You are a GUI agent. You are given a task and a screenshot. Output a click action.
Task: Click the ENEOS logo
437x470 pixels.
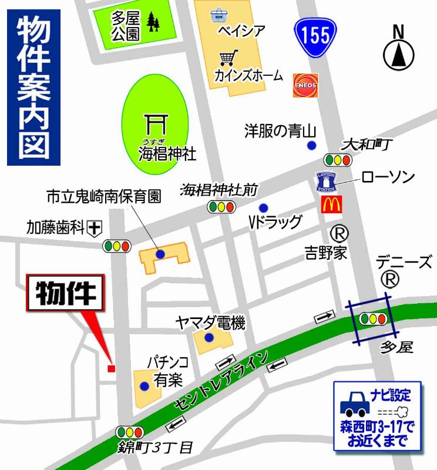pyautogui.click(x=305, y=85)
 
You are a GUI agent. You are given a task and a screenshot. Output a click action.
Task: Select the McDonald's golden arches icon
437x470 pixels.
pyautogui.click(x=330, y=204)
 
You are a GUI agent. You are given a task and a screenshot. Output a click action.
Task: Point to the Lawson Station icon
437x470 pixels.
pyautogui.click(x=327, y=182)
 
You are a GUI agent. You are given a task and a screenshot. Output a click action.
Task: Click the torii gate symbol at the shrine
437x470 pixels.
pyautogui.click(x=156, y=123)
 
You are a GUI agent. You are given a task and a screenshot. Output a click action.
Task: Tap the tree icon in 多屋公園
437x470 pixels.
pyautogui.click(x=154, y=23)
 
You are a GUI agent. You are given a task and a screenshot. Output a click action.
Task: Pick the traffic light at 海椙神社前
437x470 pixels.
pyautogui.click(x=221, y=206)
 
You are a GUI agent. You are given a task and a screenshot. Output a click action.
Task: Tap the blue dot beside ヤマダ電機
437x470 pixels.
pyautogui.click(x=209, y=337)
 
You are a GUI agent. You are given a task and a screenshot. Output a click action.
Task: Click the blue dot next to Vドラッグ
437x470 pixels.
pyautogui.click(x=264, y=207)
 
